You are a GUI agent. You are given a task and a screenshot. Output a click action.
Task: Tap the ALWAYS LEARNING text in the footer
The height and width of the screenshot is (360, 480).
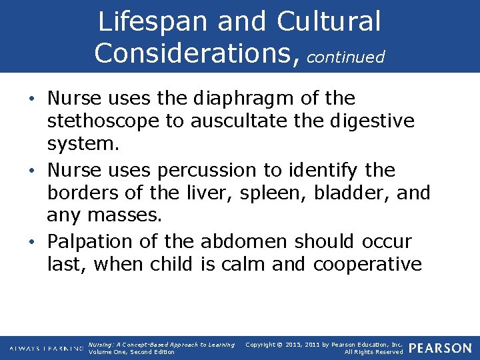46,348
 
